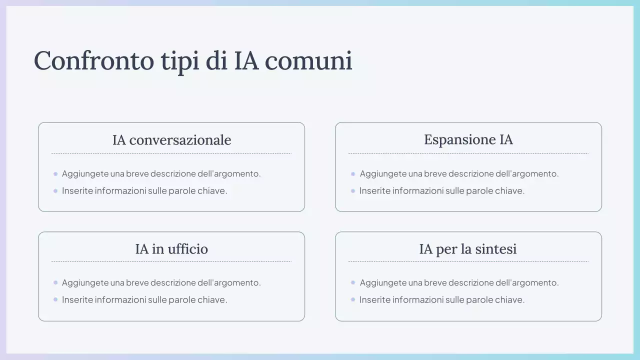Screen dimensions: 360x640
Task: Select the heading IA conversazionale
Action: tap(171, 140)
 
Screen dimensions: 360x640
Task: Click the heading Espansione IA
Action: tap(468, 139)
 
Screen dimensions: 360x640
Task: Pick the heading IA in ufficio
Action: tap(171, 249)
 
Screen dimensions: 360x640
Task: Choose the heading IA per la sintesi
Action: tap(468, 249)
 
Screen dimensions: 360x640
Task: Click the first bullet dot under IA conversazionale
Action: tap(55, 174)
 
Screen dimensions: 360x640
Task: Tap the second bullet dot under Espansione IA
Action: tap(353, 190)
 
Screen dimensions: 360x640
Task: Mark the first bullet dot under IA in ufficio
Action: tap(55, 282)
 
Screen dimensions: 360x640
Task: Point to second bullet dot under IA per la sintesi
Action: tap(353, 299)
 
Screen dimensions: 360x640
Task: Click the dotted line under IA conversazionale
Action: tap(171, 153)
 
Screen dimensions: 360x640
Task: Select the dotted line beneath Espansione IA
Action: tap(468, 153)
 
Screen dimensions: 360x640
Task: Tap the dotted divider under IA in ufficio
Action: tap(171, 261)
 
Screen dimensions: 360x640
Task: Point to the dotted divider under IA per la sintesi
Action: tap(468, 261)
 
